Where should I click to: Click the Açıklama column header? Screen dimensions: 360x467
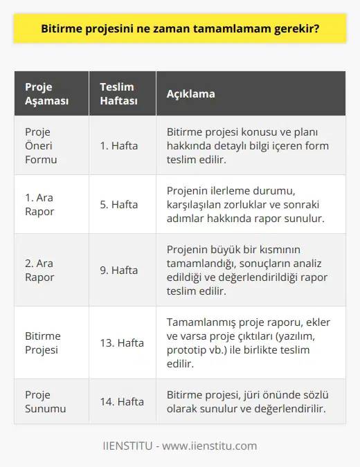click(x=190, y=93)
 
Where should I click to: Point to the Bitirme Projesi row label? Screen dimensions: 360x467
click(x=43, y=342)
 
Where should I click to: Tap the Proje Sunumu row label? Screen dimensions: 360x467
click(x=43, y=401)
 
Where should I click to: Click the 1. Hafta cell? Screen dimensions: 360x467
click(x=119, y=145)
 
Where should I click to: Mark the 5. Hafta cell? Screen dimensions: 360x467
click(x=119, y=204)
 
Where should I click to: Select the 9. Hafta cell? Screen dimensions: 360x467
click(x=119, y=270)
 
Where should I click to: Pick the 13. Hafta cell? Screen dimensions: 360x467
click(x=122, y=342)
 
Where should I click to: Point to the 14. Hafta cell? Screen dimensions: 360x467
click(x=122, y=401)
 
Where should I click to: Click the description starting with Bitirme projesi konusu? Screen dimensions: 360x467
click(x=248, y=145)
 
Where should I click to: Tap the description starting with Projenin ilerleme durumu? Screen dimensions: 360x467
click(x=248, y=204)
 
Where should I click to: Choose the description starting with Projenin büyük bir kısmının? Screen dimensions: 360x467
click(x=248, y=270)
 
